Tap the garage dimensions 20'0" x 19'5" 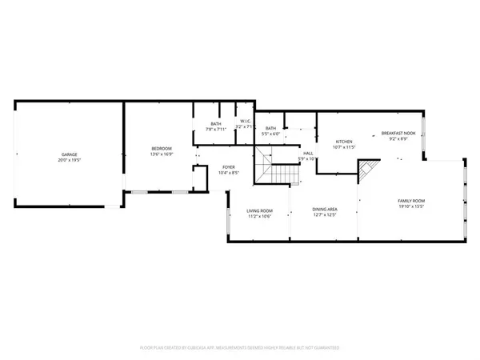click(69, 160)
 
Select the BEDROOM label click(162, 148)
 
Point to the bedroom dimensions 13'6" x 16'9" click(162, 154)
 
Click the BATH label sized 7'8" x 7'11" click(216, 123)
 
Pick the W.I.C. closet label click(245, 122)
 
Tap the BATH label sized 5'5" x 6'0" click(271, 128)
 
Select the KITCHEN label click(344, 142)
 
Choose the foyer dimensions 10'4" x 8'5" click(228, 173)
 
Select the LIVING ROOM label click(259, 210)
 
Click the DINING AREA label click(324, 209)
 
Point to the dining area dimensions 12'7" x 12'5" click(324, 215)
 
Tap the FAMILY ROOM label click(411, 200)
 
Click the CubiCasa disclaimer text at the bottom click(240, 348)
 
